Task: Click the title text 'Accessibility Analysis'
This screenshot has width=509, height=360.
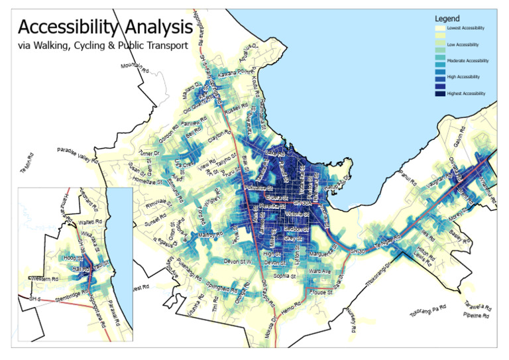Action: pos(105,27)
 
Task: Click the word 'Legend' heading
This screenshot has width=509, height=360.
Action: pos(447,19)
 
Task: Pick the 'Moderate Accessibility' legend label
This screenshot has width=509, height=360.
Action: pos(468,61)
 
